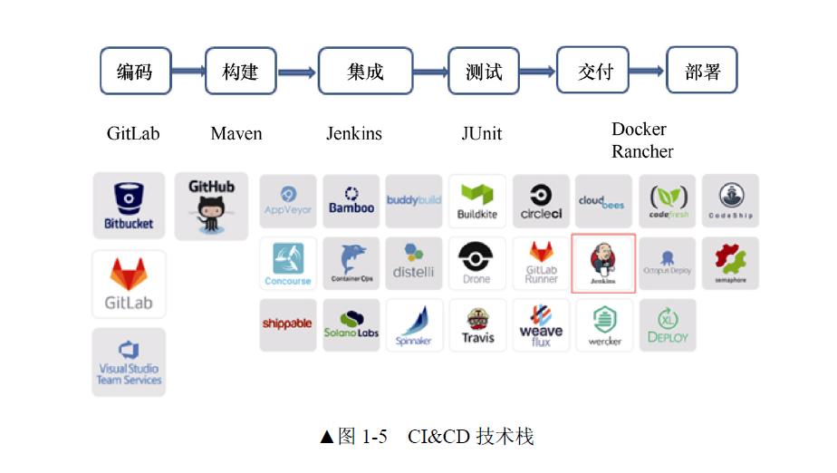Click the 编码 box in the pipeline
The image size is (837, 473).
pos(134,71)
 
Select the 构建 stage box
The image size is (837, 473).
pos(240,71)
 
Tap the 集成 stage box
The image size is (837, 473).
pos(365,71)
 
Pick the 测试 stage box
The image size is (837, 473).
pos(484,71)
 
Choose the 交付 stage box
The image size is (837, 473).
pos(595,71)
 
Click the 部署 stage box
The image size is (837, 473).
pos(702,71)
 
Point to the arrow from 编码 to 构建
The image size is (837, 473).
pos(188,71)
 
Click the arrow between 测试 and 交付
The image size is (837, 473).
pos(537,71)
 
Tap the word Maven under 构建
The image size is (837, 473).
pos(236,133)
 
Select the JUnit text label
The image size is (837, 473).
pos(481,133)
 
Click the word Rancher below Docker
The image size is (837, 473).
pos(642,151)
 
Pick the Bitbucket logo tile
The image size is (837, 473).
pos(129,205)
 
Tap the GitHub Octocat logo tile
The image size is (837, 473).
pos(211,207)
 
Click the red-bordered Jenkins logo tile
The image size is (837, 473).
pos(603,264)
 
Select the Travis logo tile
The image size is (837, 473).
pos(477,325)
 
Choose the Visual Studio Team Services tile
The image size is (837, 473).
pos(129,362)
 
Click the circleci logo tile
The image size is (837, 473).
pos(541,201)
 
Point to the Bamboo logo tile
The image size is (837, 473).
pos(351,201)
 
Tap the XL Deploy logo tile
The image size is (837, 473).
pos(668,325)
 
